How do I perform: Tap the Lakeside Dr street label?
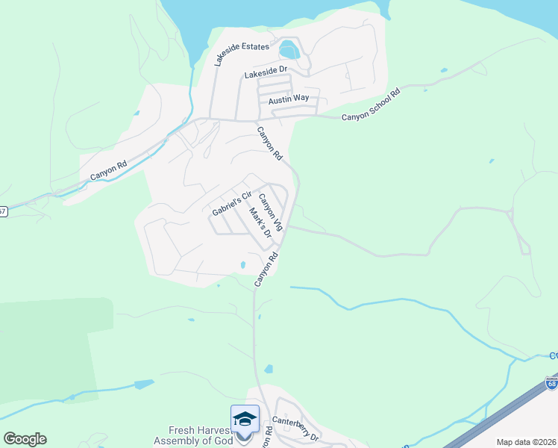(x=266, y=73)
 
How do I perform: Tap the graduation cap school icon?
(x=245, y=420)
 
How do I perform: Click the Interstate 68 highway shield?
(x=551, y=383)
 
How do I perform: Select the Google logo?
(x=25, y=438)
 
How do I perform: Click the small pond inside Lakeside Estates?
(x=289, y=51)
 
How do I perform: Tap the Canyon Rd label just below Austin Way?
(x=270, y=144)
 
